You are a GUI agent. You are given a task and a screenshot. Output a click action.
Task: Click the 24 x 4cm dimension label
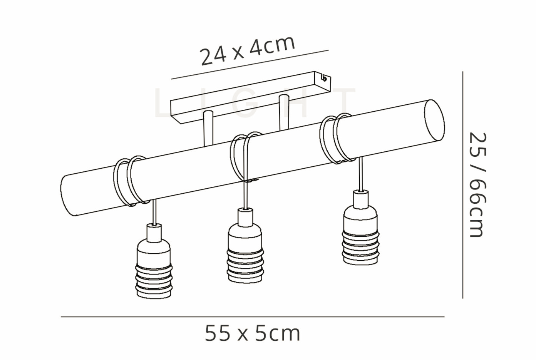(x=248, y=51)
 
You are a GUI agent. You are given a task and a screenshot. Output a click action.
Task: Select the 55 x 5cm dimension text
(x=252, y=333)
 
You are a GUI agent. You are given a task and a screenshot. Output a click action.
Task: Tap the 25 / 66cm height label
(x=478, y=185)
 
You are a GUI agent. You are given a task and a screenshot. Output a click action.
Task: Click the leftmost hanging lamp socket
(x=154, y=262)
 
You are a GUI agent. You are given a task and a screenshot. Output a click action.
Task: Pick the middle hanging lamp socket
(x=245, y=246)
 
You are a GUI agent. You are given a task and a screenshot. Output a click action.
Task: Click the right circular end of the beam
(x=434, y=121)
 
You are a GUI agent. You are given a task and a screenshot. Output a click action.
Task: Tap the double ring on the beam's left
(x=129, y=180)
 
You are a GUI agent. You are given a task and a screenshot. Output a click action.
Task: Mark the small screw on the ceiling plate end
(x=325, y=79)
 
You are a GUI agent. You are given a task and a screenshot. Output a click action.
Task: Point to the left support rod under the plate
(x=208, y=129)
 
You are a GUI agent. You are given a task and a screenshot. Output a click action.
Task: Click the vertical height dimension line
(x=462, y=185)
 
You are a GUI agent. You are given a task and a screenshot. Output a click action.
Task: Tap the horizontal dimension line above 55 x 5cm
(x=252, y=317)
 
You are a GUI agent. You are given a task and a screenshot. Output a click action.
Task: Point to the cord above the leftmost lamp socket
(x=154, y=212)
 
